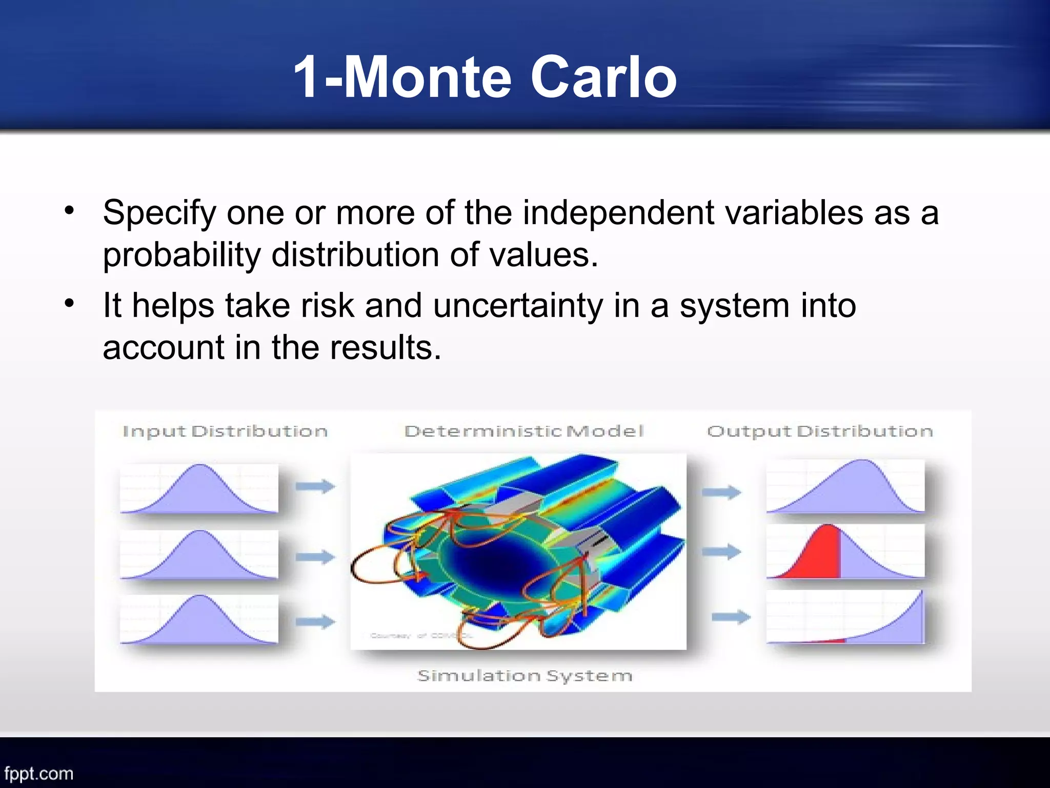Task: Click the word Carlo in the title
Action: tap(603, 78)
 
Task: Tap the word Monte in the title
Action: tap(428, 78)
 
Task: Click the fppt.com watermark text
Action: tap(39, 773)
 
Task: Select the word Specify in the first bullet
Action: tap(159, 213)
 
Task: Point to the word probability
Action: tap(181, 255)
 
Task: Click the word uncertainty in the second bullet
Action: tap(518, 306)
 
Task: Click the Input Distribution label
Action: tap(225, 431)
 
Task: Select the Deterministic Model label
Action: tap(523, 431)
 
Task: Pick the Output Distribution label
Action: tap(819, 431)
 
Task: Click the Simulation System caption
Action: tap(524, 676)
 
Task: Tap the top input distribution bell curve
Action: tap(199, 490)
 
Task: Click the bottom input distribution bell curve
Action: tap(199, 621)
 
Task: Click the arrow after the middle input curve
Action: tap(315, 556)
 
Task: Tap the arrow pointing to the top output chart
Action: tap(721, 493)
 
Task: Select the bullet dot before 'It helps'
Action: tap(70, 303)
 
